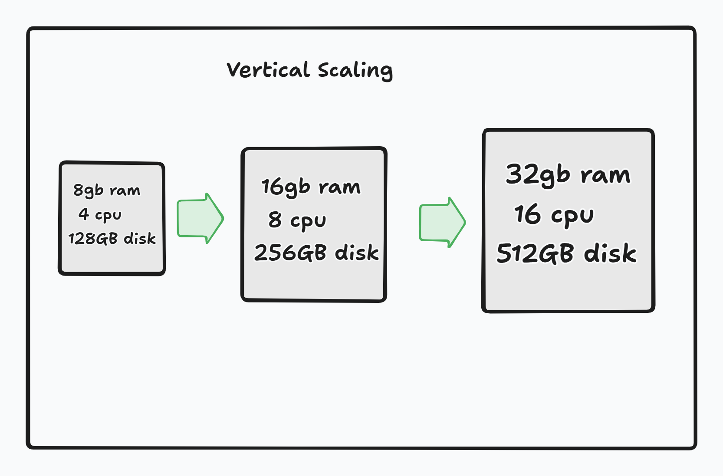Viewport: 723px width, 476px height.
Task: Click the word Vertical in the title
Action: (268, 70)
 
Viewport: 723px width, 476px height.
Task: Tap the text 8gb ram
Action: (107, 190)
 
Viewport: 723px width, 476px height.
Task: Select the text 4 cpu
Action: (100, 214)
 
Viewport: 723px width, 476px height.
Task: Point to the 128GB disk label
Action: (112, 238)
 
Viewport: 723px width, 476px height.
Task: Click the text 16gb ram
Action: (311, 187)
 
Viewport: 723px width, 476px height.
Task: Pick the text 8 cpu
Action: (297, 220)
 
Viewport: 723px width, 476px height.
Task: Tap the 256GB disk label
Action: (316, 253)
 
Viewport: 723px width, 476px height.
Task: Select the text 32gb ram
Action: (568, 174)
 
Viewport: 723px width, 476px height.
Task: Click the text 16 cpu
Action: (554, 214)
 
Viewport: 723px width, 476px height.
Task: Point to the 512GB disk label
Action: (566, 253)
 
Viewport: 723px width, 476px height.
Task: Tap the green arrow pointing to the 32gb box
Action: (442, 223)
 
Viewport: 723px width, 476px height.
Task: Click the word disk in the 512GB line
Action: (610, 253)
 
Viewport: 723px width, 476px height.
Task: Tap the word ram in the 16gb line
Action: (339, 187)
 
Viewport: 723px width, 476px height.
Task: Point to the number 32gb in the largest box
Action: (537, 174)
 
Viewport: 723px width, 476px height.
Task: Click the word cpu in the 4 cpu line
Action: (108, 215)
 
